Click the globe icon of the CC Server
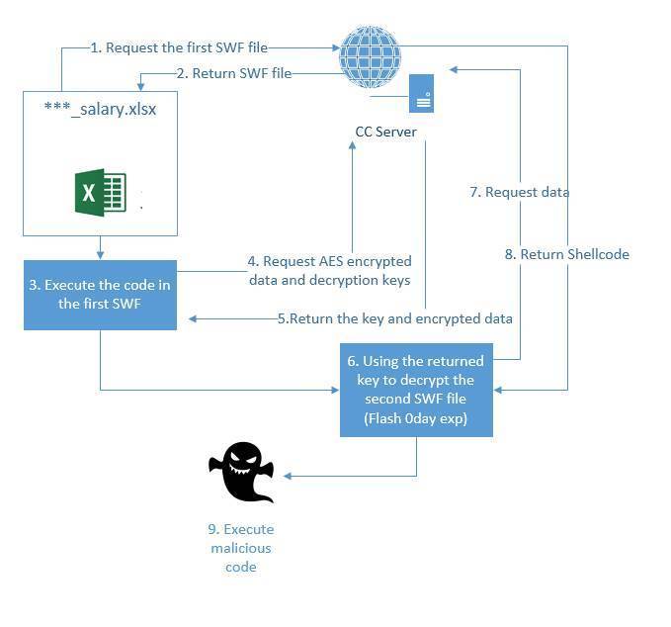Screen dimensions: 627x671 [x=370, y=57]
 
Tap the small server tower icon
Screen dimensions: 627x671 [x=422, y=95]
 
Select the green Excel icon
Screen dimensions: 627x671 [x=101, y=193]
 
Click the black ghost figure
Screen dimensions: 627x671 [x=241, y=472]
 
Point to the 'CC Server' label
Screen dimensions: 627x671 [x=385, y=132]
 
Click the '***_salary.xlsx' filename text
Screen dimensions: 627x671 [x=100, y=109]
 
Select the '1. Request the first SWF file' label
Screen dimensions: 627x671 [x=178, y=47]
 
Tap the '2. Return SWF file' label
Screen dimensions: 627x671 [x=233, y=73]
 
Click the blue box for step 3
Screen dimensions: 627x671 [x=100, y=295]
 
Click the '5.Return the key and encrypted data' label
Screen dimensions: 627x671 [x=394, y=318]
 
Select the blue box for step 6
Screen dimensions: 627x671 [x=416, y=390]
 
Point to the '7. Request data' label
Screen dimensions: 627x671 [x=519, y=192]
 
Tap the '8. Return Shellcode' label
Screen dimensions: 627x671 [x=566, y=254]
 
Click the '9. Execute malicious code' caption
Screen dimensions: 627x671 [x=240, y=548]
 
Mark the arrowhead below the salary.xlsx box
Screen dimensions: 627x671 [x=100, y=254]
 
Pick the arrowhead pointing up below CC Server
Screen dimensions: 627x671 [x=352, y=146]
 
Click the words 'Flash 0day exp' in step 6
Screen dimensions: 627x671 [x=416, y=417]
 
